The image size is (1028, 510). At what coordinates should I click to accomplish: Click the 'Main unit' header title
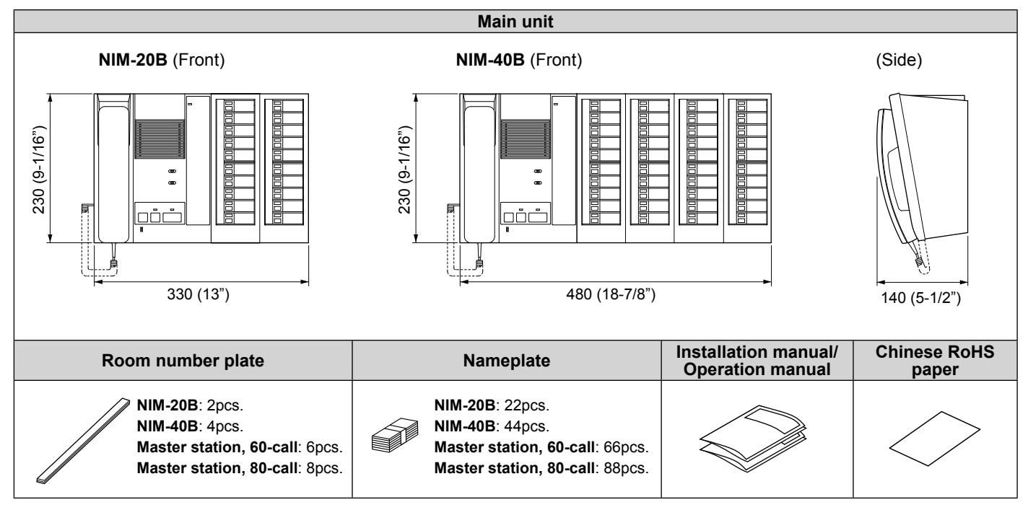point(515,22)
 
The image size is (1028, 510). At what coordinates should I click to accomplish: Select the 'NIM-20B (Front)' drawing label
point(162,60)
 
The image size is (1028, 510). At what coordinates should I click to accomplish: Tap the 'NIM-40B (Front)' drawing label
point(518,60)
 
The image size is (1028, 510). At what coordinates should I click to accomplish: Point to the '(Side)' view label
point(899,60)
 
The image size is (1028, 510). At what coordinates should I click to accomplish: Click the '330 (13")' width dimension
point(198,294)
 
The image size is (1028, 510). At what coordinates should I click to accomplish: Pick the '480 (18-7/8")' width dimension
point(611,294)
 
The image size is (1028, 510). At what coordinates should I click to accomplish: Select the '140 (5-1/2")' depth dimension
point(920,298)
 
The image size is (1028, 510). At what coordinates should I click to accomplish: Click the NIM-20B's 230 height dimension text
point(40,170)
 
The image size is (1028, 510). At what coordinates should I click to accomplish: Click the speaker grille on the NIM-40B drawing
point(525,139)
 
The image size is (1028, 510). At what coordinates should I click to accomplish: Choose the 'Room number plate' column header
point(183,361)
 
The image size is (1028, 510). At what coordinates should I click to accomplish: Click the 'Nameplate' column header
point(506,361)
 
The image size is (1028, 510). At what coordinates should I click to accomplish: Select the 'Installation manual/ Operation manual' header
point(757,361)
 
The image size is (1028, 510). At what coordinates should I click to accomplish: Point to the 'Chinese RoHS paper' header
point(935,361)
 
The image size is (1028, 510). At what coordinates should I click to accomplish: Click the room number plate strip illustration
point(83,440)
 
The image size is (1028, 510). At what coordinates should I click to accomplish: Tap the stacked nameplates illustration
point(395,435)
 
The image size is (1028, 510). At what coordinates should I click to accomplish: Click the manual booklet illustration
point(753,438)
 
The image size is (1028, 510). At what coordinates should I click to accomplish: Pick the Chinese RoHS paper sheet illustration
point(934,439)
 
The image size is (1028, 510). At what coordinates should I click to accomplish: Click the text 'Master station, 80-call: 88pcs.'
point(541,468)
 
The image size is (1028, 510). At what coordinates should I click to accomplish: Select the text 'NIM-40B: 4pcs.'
point(190,426)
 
